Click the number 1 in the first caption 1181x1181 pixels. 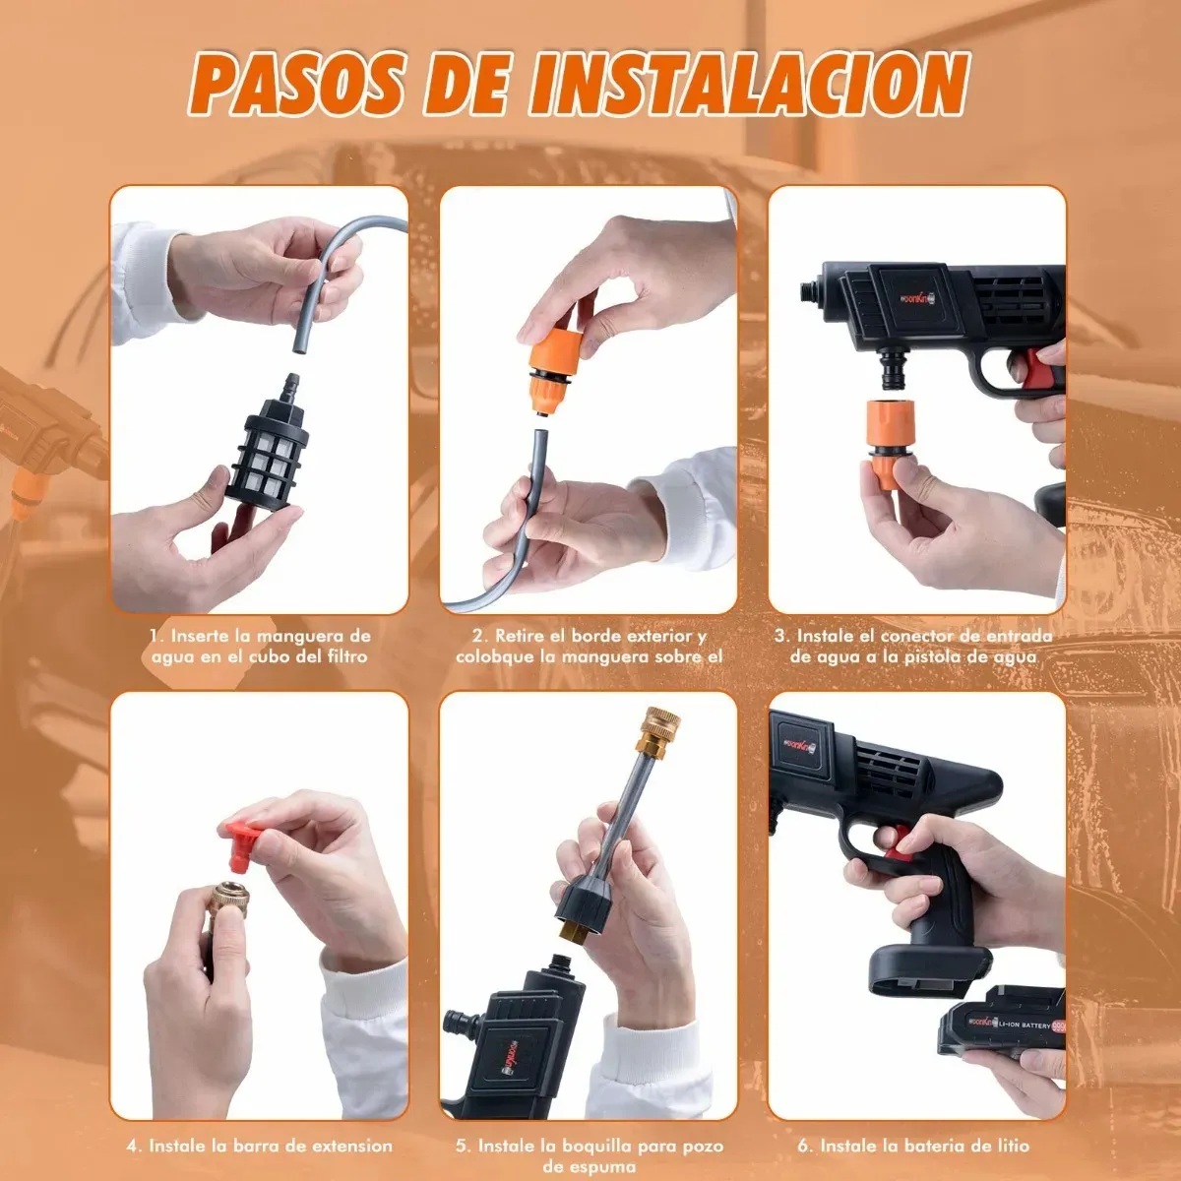(x=155, y=637)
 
